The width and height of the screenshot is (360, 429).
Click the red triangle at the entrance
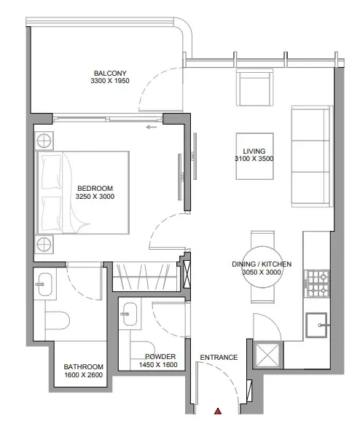point(218,411)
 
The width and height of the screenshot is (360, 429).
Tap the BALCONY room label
point(110,74)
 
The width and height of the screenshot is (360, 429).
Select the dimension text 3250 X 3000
point(95,197)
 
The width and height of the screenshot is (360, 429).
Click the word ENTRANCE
point(219,358)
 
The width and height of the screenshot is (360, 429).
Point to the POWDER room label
point(160,356)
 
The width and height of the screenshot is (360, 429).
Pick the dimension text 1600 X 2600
point(84,375)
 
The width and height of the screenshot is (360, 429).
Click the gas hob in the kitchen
point(318,284)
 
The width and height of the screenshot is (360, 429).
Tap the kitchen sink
point(318,325)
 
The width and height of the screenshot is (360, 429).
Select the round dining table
point(262,267)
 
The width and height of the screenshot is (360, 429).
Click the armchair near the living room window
point(255,87)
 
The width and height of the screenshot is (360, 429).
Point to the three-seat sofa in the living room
point(312,156)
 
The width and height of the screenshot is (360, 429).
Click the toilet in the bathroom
point(57,320)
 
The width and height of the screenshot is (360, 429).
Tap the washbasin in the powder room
point(129,314)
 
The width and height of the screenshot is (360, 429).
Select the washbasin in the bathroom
point(44,284)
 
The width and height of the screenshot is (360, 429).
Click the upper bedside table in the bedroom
point(44,141)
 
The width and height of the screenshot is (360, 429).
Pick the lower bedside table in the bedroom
point(44,244)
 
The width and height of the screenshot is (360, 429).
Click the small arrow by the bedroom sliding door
point(151,127)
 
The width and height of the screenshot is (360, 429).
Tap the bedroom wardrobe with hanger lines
point(146,276)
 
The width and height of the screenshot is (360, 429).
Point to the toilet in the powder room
point(142,350)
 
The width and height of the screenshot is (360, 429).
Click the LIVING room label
point(254,151)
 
